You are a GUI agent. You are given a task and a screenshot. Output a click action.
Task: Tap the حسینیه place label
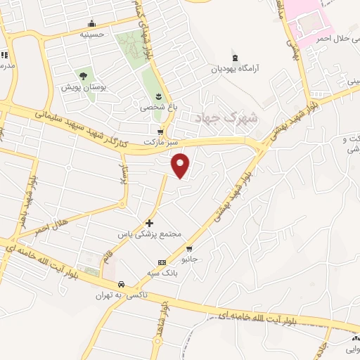92,33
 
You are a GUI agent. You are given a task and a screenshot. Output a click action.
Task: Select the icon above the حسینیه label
92,22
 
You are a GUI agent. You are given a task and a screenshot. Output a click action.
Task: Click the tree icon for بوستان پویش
83,75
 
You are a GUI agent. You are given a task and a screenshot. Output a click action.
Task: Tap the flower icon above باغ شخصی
157,96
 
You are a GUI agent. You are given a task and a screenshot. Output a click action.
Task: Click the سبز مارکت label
158,141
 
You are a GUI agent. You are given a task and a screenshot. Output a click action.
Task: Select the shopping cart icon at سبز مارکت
161,131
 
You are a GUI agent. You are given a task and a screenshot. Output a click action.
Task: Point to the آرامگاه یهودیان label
236,70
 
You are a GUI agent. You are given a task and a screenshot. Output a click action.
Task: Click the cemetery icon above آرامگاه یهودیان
235,58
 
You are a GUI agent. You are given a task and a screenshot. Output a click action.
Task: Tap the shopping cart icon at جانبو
189,249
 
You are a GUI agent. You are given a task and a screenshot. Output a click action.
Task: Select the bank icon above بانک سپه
162,262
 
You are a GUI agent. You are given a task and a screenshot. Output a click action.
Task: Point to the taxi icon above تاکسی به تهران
122,285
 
